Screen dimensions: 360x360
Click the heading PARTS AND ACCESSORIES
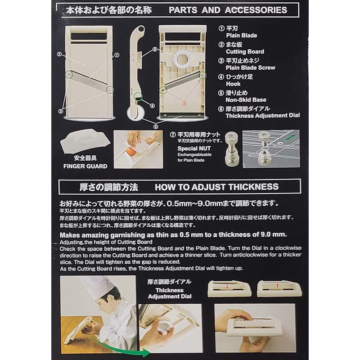pyautogui.click(x=227, y=10)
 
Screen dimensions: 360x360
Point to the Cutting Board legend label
pyautogui.click(x=245, y=52)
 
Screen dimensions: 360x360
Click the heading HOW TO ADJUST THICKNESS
pyautogui.click(x=216, y=186)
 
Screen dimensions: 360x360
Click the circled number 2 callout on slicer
pyautogui.click(x=59, y=55)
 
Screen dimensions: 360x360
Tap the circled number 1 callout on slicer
pyautogui.click(x=117, y=55)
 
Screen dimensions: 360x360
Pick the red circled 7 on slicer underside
pyautogui.click(x=184, y=103)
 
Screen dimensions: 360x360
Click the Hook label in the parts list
pyautogui.click(x=233, y=84)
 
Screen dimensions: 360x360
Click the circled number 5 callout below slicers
pyautogui.click(x=156, y=127)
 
